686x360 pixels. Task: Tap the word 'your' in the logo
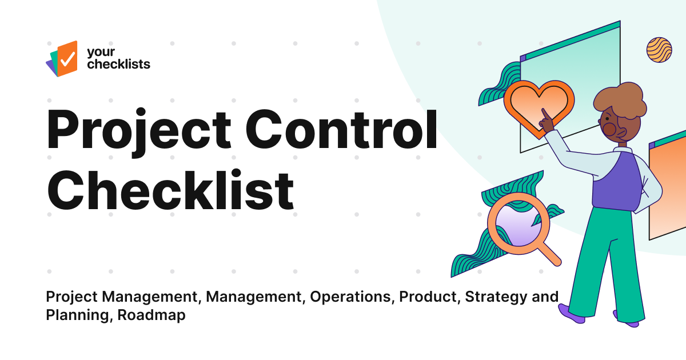[98, 53]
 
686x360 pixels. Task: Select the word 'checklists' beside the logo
[118, 64]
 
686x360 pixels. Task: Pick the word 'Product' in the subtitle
[428, 297]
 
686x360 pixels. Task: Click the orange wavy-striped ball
[659, 50]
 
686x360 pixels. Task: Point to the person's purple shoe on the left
[572, 313]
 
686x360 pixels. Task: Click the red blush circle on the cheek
[609, 130]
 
